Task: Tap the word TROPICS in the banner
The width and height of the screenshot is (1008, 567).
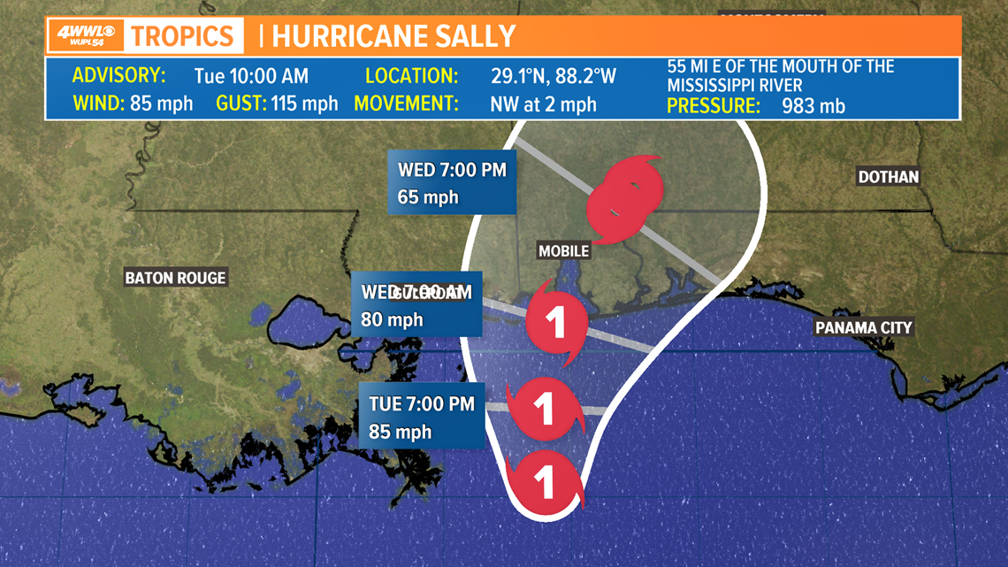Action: point(183,36)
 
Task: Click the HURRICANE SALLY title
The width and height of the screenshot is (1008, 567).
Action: point(393,36)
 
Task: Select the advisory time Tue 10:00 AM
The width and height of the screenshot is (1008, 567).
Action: point(249,75)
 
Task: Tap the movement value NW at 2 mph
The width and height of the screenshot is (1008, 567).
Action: point(543,103)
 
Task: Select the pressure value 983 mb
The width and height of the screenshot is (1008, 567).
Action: point(813,106)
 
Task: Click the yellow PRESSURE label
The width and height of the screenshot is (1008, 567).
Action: point(714,106)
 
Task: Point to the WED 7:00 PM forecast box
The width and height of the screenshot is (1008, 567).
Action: point(452,182)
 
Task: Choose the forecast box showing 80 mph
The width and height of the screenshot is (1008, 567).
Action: point(416,306)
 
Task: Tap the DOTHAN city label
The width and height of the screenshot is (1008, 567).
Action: point(889,177)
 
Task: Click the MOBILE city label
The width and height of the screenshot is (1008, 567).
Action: point(563,251)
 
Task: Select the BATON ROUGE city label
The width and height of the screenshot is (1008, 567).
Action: point(175,278)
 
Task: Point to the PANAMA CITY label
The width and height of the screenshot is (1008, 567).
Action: point(863,328)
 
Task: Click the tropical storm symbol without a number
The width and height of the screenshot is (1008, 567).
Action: point(624,198)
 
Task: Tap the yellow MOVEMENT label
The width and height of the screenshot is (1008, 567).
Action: point(406,103)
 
